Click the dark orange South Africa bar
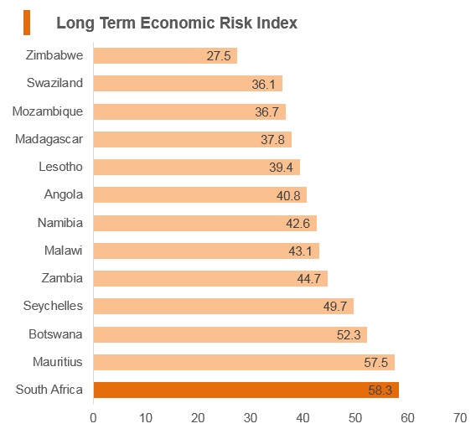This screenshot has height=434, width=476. click(246, 390)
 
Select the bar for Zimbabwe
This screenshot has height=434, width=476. click(165, 55)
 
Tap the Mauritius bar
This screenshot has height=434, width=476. click(244, 362)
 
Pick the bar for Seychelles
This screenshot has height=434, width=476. click(224, 306)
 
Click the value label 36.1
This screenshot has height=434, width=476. click(263, 84)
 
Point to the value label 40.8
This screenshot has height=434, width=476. click(288, 196)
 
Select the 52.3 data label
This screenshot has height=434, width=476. click(349, 335)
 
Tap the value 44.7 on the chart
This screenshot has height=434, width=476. click(309, 279)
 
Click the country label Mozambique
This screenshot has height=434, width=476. click(48, 111)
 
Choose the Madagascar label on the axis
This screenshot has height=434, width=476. click(49, 139)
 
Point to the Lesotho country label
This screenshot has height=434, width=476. click(60, 167)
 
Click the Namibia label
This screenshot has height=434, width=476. click(60, 223)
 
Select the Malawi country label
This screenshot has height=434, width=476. click(64, 251)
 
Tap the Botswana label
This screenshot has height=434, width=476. click(55, 334)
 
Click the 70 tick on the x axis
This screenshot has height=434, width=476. click(460, 418)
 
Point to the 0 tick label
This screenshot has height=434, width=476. click(93, 418)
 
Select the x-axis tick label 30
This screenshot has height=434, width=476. click(251, 418)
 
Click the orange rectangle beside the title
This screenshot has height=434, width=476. click(27, 23)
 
